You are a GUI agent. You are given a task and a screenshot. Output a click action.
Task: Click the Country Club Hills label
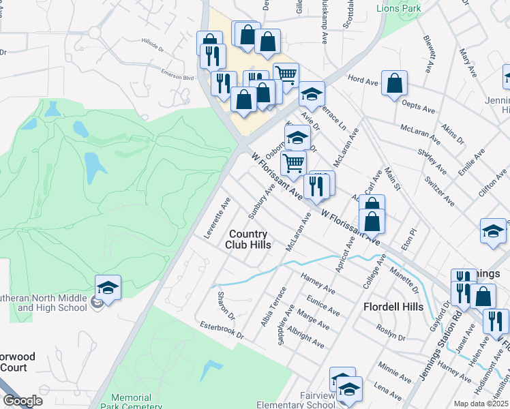249,239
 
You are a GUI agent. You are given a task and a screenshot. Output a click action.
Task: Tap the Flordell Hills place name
394,307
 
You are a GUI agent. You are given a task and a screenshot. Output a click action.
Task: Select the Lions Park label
400,8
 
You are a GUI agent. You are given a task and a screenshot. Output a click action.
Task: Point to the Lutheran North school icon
108,288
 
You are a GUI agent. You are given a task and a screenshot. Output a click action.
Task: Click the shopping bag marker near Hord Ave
394,85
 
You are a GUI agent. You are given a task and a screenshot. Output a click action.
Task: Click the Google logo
22,402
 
